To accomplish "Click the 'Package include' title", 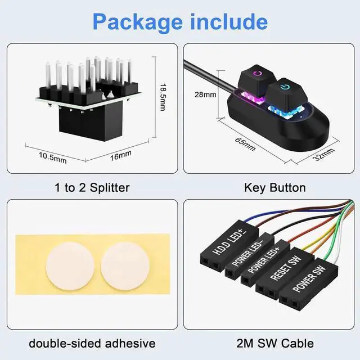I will click(x=180, y=21).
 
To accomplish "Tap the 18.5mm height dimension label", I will click(x=163, y=97).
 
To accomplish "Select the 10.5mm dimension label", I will click(x=53, y=157).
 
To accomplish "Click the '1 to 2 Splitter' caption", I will click(x=92, y=188).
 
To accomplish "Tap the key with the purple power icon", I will click(x=256, y=76).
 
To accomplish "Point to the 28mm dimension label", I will click(x=205, y=94).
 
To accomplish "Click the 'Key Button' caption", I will click(x=274, y=188).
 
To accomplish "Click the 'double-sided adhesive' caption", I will click(x=92, y=343).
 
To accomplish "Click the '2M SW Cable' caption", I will click(x=274, y=343).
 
